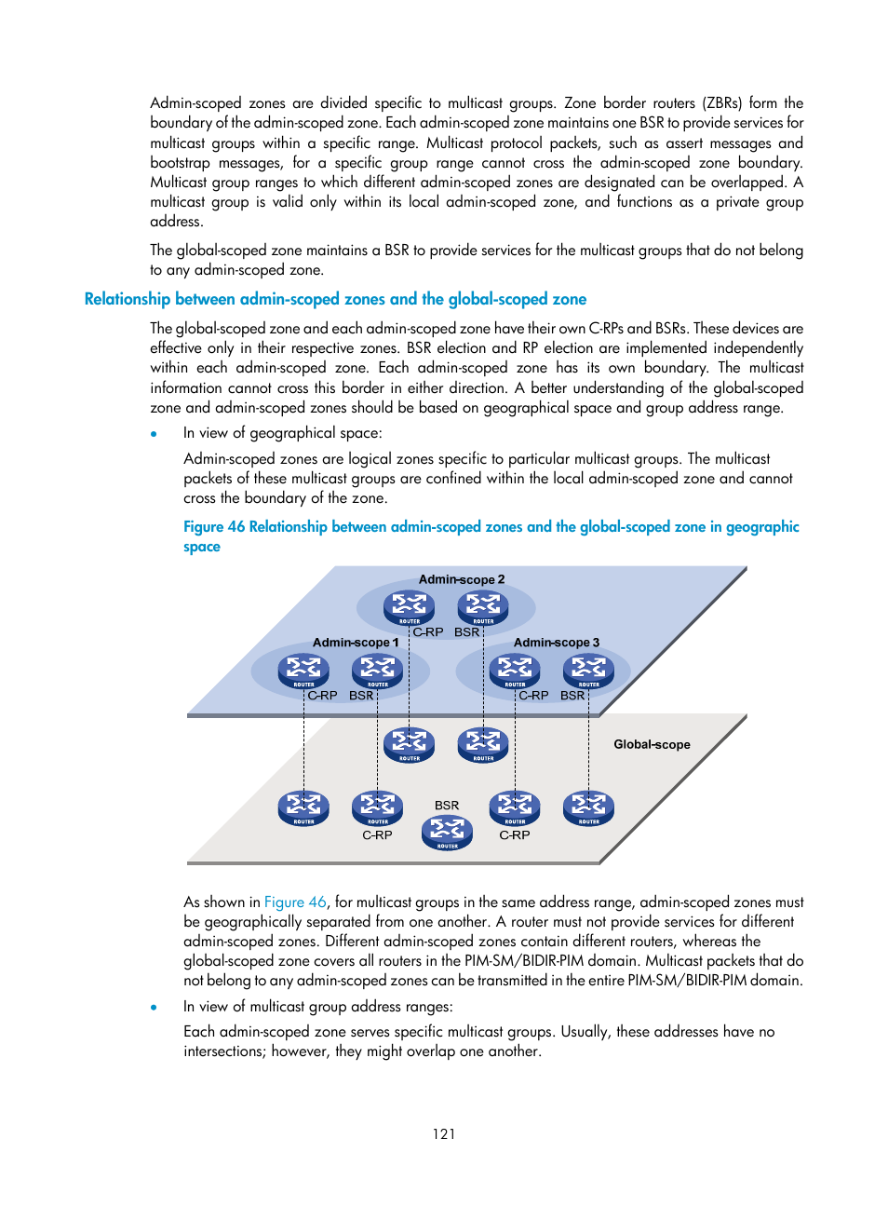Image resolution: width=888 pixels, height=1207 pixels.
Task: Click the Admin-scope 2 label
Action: pyautogui.click(x=461, y=579)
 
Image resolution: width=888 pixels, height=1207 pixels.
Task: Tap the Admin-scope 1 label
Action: pyautogui.click(x=356, y=643)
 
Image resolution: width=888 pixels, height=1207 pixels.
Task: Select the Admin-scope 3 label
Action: pyautogui.click(x=557, y=643)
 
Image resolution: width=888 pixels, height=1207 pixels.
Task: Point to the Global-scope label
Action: pyautogui.click(x=652, y=744)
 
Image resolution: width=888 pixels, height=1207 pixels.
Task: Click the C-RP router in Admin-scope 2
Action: pyautogui.click(x=409, y=607)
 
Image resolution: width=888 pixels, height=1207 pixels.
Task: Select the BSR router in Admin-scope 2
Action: pyautogui.click(x=483, y=607)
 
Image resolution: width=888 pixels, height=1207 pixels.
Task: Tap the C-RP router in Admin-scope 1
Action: pyautogui.click(x=303, y=671)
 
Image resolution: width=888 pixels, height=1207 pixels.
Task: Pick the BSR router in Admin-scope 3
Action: pyautogui.click(x=588, y=671)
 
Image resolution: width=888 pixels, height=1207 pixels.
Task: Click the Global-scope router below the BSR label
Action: pyautogui.click(x=447, y=832)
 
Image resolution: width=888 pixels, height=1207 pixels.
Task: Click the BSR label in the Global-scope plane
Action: pyautogui.click(x=447, y=806)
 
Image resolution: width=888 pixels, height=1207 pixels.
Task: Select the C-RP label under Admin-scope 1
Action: pyautogui.click(x=322, y=696)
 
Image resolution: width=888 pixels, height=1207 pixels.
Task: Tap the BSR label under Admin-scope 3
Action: pyautogui.click(x=572, y=696)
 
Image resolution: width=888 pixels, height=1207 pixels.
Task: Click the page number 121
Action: pyautogui.click(x=444, y=1134)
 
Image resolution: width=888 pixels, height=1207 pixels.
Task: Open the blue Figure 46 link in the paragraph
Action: pyautogui.click(x=295, y=902)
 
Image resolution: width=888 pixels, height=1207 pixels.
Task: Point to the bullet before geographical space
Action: pyautogui.click(x=154, y=434)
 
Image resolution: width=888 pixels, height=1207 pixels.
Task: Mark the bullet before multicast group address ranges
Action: pyautogui.click(x=154, y=1007)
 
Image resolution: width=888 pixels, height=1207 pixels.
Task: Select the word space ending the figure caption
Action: pyautogui.click(x=202, y=547)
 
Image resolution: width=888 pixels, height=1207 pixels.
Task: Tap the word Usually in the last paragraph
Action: pyautogui.click(x=584, y=1032)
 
